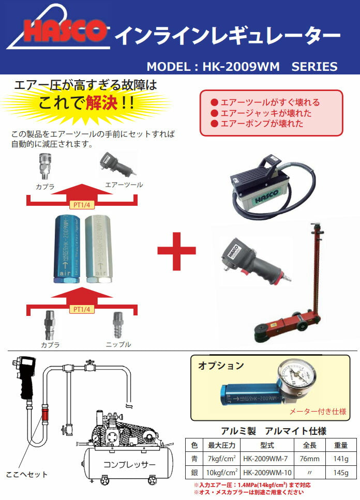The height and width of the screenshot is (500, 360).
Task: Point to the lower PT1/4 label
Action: click(x=82, y=309)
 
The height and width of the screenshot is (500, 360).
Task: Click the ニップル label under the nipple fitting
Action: click(x=118, y=344)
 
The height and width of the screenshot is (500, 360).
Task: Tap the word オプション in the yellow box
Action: click(x=221, y=366)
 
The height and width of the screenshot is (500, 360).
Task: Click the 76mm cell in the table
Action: click(x=309, y=459)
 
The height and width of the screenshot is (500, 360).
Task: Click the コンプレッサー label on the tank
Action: click(x=129, y=464)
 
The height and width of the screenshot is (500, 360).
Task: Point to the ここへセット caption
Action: click(x=26, y=474)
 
